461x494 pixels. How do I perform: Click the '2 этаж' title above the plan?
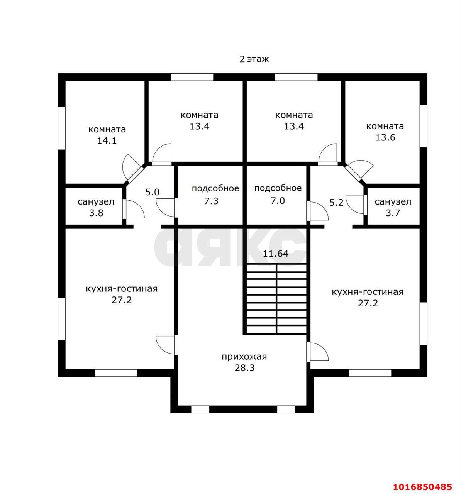pos(254,59)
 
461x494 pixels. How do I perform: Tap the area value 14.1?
pos(107,141)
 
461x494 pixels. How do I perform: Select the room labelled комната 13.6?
pos(385,132)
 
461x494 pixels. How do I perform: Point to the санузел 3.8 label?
pos(96,207)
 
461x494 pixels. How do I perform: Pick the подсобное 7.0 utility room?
pos(278,195)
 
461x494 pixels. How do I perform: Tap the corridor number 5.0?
pos(152,192)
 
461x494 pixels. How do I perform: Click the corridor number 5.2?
pos(336,203)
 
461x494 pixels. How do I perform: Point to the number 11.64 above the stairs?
pos(276,254)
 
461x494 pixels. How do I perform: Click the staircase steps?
pos(276,299)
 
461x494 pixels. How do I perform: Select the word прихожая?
pos(244,357)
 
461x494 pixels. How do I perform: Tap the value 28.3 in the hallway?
pos(244,368)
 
